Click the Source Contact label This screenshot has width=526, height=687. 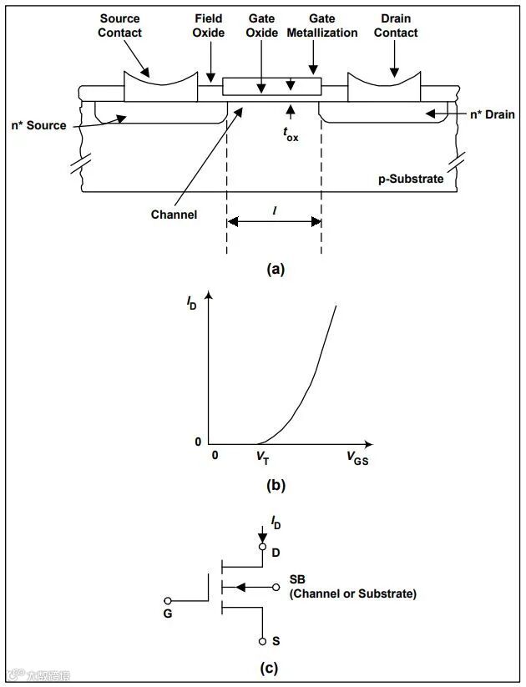click(x=119, y=26)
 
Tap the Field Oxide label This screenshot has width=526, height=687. click(x=209, y=26)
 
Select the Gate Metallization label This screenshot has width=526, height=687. click(x=321, y=26)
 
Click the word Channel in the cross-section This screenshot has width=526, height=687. click(x=174, y=215)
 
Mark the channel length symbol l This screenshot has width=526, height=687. click(x=275, y=212)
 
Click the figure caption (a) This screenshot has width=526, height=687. click(x=275, y=269)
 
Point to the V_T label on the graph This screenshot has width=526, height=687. click(x=261, y=457)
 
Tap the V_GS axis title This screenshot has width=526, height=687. click(x=356, y=457)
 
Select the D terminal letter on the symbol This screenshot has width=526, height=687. click(x=276, y=553)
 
